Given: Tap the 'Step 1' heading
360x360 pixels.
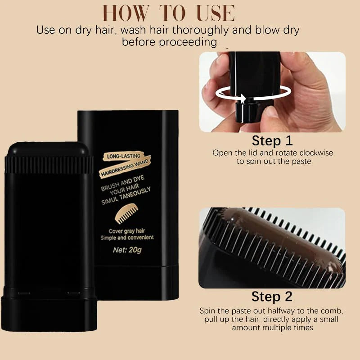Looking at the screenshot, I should [272, 140].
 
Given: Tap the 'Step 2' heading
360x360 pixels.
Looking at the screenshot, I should [272, 297].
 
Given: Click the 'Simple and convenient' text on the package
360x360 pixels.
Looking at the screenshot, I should [127, 238].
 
